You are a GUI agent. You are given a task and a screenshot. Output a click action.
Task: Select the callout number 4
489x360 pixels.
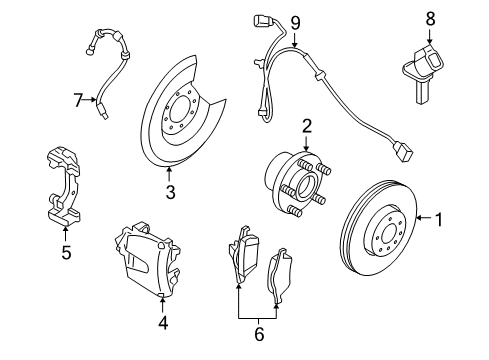pos(162,322)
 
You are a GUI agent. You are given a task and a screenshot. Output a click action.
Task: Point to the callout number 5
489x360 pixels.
pos(65,252)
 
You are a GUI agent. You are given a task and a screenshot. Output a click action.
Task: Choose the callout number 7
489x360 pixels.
pos(77,99)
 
